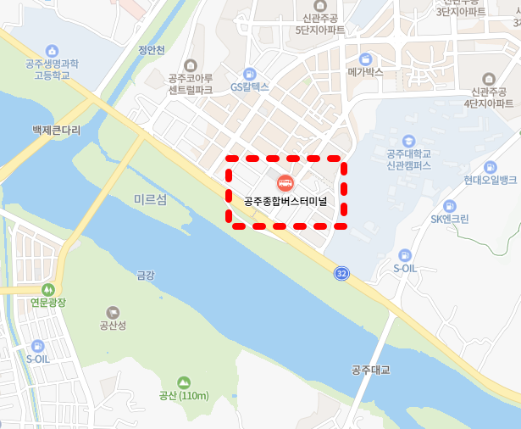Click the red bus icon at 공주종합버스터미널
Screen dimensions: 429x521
tap(285, 182)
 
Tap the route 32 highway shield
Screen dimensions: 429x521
tap(341, 273)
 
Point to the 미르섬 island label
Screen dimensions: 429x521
tap(151, 199)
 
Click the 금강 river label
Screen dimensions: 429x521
tap(146, 275)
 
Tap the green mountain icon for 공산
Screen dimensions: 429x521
tap(184, 382)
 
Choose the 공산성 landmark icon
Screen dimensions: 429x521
tap(113, 313)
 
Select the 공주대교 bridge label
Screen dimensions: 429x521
tap(372, 370)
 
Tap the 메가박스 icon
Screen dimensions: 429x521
tap(366, 58)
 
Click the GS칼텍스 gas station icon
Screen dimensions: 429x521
tap(249, 73)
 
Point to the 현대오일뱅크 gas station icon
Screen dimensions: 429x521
tap(490, 167)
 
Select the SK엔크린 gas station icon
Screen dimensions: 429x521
tap(449, 205)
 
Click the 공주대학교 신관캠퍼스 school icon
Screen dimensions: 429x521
tap(408, 140)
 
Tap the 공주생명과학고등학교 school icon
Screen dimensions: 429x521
tap(52, 51)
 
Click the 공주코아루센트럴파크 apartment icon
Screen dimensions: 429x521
tap(190, 65)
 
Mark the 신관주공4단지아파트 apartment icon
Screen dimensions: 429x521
tap(489, 79)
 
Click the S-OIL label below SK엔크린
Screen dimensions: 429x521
tap(406, 268)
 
